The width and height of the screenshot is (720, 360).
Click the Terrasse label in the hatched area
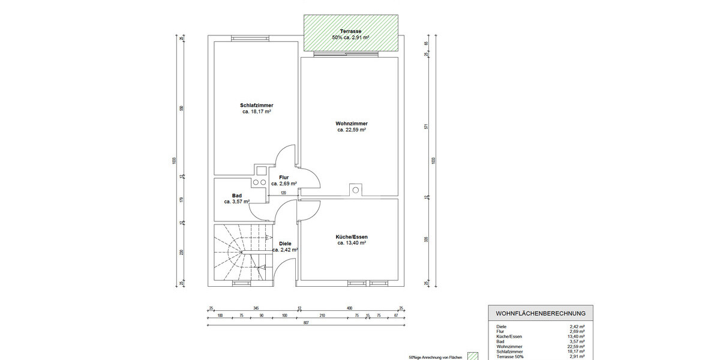[350, 30]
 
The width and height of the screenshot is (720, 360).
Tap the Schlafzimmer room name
[256, 105]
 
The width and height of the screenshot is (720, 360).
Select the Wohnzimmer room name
[352, 123]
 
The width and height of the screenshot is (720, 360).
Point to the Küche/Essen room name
[352, 237]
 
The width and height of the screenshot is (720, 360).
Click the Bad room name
[236, 196]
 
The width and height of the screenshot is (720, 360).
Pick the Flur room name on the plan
[284, 177]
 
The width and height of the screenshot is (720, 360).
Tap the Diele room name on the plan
[284, 243]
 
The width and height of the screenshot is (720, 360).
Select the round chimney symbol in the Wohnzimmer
[355, 190]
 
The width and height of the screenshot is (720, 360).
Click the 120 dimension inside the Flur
[284, 193]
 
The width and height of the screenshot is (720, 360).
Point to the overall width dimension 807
[306, 323]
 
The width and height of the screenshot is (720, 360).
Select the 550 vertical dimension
[182, 109]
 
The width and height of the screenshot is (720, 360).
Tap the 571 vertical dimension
[425, 127]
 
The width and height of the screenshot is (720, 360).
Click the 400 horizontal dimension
[349, 307]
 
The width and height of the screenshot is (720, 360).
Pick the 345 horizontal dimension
[256, 307]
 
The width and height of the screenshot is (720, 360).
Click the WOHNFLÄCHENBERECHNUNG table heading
[540, 313]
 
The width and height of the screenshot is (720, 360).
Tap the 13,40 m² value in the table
[577, 336]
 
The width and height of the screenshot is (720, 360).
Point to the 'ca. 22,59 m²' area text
[352, 130]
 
